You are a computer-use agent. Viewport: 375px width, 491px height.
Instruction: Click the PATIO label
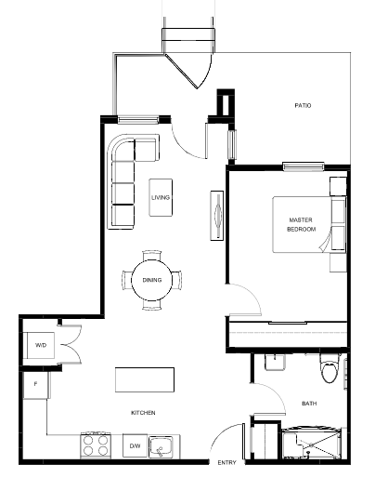pos(303,105)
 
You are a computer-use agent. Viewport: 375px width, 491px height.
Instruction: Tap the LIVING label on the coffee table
pos(161,197)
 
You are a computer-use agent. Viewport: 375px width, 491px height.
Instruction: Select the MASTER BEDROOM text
pos(302,224)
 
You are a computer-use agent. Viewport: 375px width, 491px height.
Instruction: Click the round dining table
pos(151,280)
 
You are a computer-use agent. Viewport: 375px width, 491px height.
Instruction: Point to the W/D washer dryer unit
pos(41,345)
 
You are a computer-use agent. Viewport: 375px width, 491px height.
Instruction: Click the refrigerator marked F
pos(35,385)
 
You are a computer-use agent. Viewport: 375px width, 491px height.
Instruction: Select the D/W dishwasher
pos(135,445)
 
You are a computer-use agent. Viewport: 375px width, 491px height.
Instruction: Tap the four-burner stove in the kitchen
pos(96,445)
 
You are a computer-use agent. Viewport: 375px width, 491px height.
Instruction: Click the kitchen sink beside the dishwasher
pos(161,446)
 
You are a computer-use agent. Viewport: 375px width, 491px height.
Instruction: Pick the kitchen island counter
pos(145,379)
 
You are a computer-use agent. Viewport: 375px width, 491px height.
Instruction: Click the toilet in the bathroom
pos(330,368)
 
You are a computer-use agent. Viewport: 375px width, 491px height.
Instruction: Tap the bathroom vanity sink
pos(275,362)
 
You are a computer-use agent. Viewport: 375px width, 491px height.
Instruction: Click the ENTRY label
pos(226,462)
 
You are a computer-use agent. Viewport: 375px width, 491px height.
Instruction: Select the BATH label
pos(309,404)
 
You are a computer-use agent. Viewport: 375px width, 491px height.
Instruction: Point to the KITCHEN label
pos(143,413)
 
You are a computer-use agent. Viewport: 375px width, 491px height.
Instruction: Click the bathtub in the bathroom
pos(311,443)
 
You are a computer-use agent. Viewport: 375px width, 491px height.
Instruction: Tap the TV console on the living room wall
pos(217,216)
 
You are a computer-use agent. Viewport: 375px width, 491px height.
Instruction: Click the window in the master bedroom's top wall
pos(304,166)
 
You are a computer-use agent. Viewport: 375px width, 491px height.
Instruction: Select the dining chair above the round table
pos(152,255)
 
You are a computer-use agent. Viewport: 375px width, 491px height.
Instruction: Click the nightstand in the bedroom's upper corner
pos(339,186)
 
